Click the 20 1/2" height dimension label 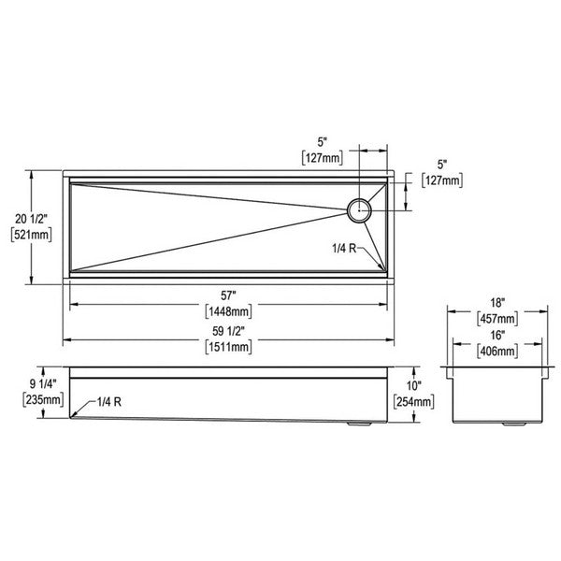tap(31, 219)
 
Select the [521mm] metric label tap(32, 235)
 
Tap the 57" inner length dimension tap(228, 295)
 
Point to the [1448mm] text tap(228, 311)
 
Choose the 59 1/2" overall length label tap(229, 331)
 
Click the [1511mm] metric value tap(228, 347)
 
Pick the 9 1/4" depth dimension tap(43, 384)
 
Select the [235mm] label tap(43, 399)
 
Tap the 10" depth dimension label tap(414, 385)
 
